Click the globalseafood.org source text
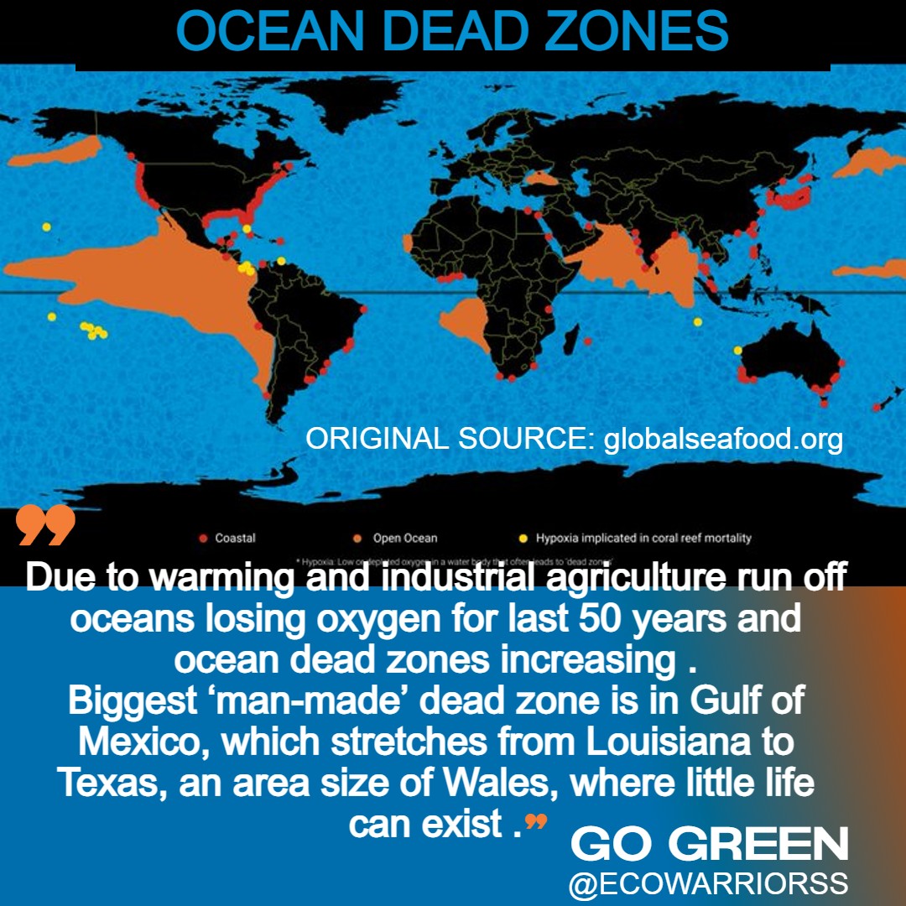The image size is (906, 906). [723, 439]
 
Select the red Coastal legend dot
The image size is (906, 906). [203, 538]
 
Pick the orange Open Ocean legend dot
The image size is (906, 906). [357, 538]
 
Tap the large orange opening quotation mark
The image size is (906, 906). [45, 525]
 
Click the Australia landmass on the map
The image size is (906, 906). [789, 357]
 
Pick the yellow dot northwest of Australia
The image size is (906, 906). [737, 350]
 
